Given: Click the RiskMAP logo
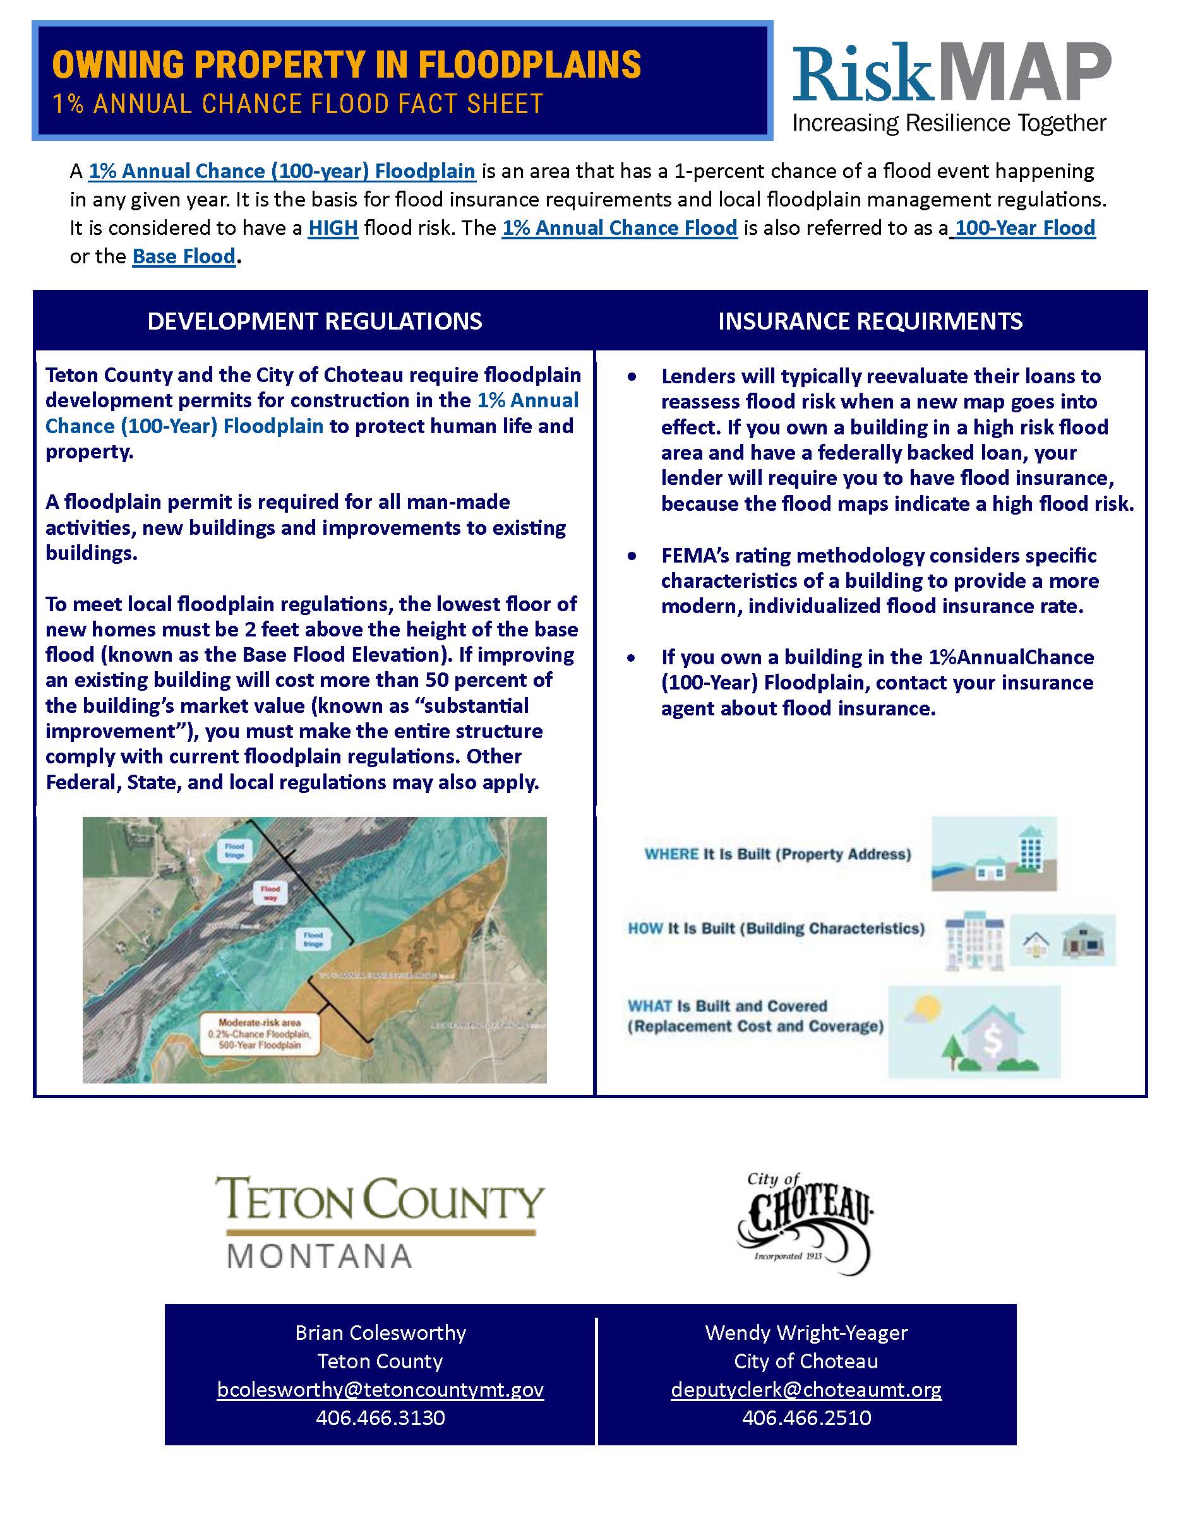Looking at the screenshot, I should pos(950,85).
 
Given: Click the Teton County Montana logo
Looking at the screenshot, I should pos(380,1222).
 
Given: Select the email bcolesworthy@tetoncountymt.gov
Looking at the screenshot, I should pos(380,1388).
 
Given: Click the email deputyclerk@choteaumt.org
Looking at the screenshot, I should pos(806,1388).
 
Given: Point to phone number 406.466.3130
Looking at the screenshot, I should pos(380,1418).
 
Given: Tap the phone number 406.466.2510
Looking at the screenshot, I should pos(806,1418).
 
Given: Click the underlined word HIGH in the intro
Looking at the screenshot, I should pos(333,228).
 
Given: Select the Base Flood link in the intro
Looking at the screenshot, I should pos(184,257).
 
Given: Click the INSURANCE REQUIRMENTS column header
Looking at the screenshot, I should pos(870,321).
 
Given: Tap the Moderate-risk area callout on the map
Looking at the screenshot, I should pos(260,1034).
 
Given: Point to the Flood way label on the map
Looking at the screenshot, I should pos(270,893).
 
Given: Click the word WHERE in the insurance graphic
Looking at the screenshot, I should pos(671,854).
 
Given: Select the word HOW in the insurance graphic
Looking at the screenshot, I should pos(645,928).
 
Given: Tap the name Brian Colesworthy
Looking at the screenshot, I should pos(380,1333).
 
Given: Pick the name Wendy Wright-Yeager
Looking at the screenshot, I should pos(806,1333).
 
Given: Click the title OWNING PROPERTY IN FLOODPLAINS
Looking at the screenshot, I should pos(346,64).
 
